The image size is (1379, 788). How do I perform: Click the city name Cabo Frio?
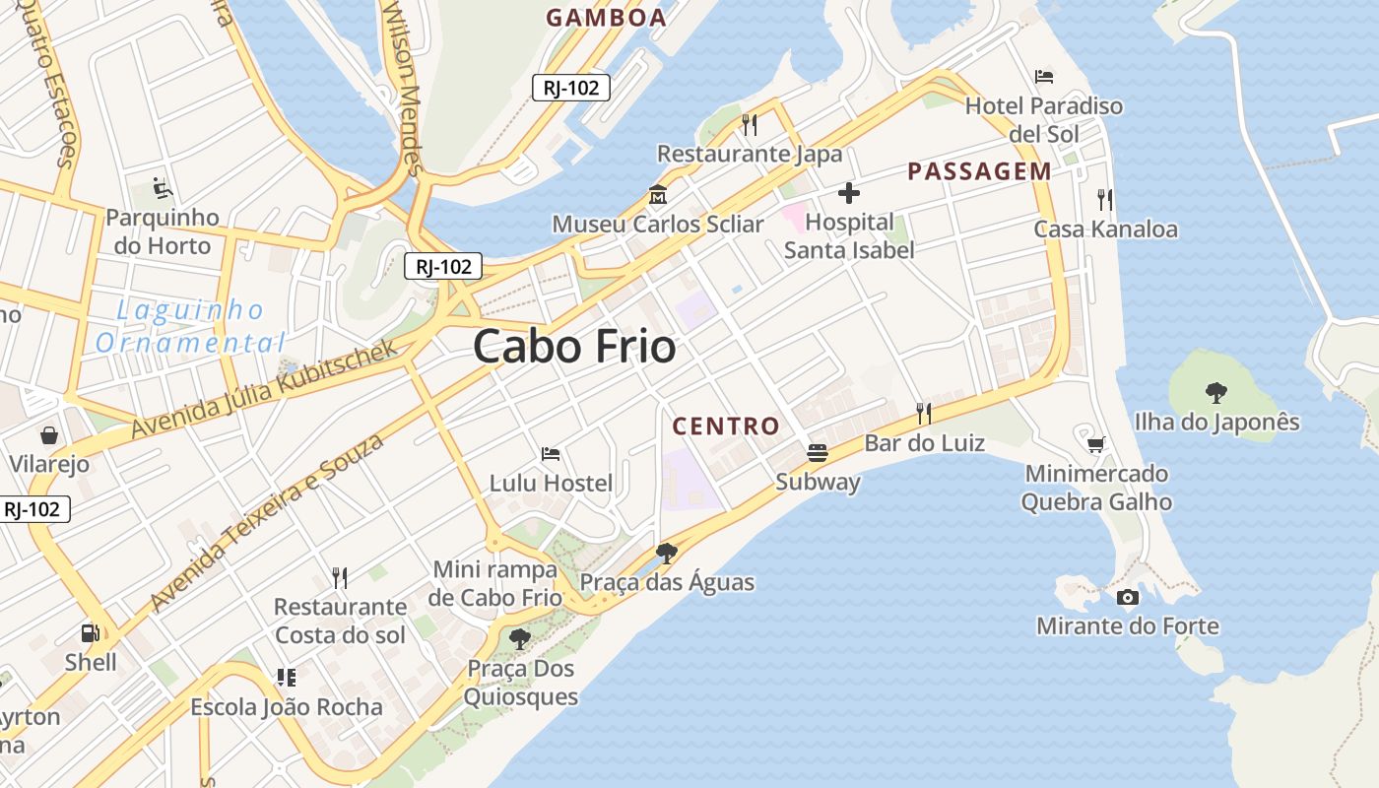pos(574,347)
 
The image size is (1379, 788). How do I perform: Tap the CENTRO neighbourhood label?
pos(726,427)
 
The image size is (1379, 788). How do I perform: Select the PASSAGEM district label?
pos(979,171)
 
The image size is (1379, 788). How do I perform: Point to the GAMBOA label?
pos(606,18)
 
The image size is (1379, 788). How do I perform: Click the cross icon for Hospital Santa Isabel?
pos(848,193)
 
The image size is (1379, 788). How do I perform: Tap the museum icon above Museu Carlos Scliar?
pos(657,195)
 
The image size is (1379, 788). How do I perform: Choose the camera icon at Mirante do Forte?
pos(1128,597)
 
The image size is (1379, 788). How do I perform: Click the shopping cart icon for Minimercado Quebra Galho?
pos(1095,444)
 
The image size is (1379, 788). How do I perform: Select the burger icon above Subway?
pos(818,453)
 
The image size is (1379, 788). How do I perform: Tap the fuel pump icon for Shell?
pos(91,633)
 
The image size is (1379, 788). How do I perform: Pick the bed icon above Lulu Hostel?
pos(551,454)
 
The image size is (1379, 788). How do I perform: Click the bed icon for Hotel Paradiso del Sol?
pos(1044,77)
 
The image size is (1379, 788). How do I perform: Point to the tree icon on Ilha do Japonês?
pos(1216,392)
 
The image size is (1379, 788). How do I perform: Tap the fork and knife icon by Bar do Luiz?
pos(924,413)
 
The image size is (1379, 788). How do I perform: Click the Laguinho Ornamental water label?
pos(187,326)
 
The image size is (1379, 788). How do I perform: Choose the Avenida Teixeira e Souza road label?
pos(266,522)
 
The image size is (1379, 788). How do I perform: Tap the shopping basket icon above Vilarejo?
pos(48,434)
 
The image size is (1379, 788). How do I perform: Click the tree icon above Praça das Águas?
pos(667,553)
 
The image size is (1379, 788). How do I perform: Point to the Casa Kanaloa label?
pos(1105,230)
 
